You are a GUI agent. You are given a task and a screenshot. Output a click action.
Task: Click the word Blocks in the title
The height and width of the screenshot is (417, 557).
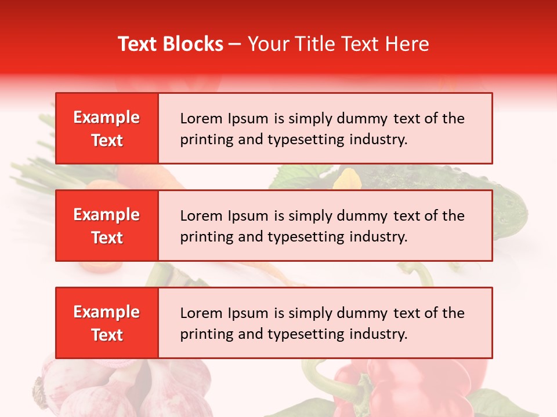click(x=194, y=44)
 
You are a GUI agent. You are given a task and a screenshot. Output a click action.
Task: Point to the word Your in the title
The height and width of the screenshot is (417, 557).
click(x=266, y=44)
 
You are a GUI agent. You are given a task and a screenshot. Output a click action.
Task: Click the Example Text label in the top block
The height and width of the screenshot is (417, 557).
click(x=107, y=129)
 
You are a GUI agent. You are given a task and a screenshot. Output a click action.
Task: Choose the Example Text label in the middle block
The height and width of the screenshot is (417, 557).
click(x=107, y=226)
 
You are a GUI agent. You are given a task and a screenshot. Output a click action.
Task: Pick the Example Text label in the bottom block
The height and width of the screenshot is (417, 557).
click(x=107, y=323)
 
